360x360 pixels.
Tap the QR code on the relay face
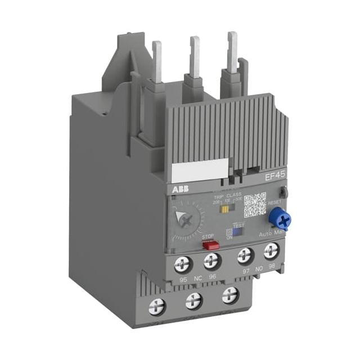pyautogui.click(x=255, y=204)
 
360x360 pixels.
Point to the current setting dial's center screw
pyautogui.click(x=183, y=219)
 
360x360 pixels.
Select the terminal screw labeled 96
pyautogui.click(x=211, y=259)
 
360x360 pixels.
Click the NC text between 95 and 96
pyautogui.click(x=197, y=277)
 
